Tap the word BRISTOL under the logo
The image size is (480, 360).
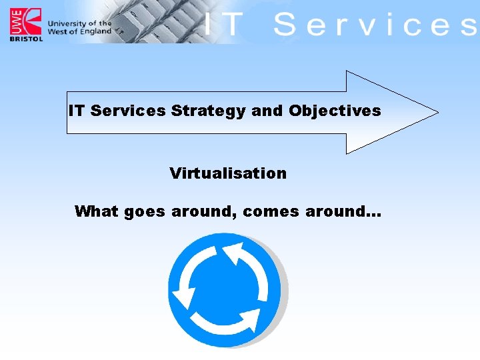pyautogui.click(x=25, y=38)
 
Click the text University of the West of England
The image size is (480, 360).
pyautogui.click(x=79, y=27)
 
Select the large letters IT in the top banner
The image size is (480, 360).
pyautogui.click(x=223, y=25)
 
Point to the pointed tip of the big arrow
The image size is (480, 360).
pyautogui.click(x=436, y=112)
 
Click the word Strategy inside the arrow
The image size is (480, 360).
pyautogui.click(x=208, y=111)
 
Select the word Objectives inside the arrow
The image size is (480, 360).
pyautogui.click(x=335, y=111)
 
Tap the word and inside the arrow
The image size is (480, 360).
pyautogui.click(x=267, y=111)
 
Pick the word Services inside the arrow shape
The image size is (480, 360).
pyautogui.click(x=127, y=111)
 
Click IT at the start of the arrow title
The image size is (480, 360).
pyautogui.click(x=77, y=111)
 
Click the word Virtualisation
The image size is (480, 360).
pyautogui.click(x=228, y=173)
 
